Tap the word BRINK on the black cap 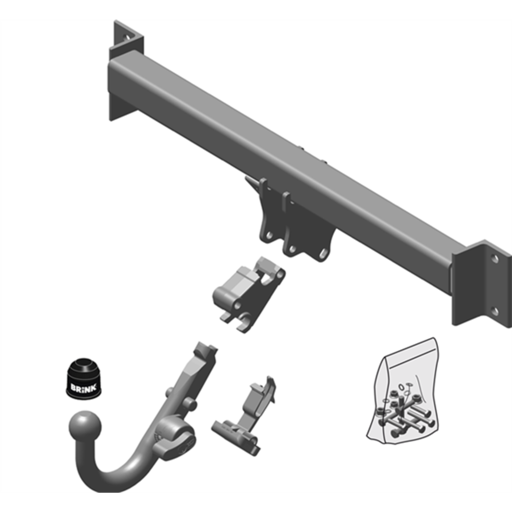[x=83, y=388]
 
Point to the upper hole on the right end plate [x=494, y=259]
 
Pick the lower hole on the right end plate [x=494, y=311]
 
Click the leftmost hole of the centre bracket [x=269, y=235]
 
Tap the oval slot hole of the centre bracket [x=323, y=254]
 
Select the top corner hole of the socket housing [x=281, y=274]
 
